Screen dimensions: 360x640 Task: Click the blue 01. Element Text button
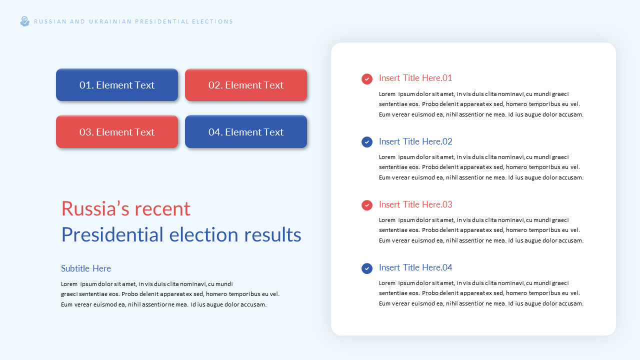coord(117,85)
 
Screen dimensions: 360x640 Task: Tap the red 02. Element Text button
coord(246,85)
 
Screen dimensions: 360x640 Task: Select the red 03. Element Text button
coord(117,132)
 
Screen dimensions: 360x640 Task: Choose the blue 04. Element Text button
coord(246,132)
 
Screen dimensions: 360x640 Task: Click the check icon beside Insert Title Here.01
coord(367,79)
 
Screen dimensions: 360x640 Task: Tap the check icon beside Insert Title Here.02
coord(367,142)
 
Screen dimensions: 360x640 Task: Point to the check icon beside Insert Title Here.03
coord(367,205)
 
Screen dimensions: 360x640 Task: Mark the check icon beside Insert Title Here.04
coord(367,268)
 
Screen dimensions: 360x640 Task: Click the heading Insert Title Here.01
coord(415,78)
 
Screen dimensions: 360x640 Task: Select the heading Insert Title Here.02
coord(415,141)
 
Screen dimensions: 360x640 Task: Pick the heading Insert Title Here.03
coord(415,204)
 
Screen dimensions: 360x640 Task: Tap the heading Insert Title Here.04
coord(415,267)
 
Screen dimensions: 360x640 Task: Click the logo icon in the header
coord(24,21)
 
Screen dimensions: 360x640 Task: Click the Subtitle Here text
coord(86,268)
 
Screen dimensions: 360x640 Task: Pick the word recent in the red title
coord(164,209)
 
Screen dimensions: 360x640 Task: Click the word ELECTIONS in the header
coord(212,21)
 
